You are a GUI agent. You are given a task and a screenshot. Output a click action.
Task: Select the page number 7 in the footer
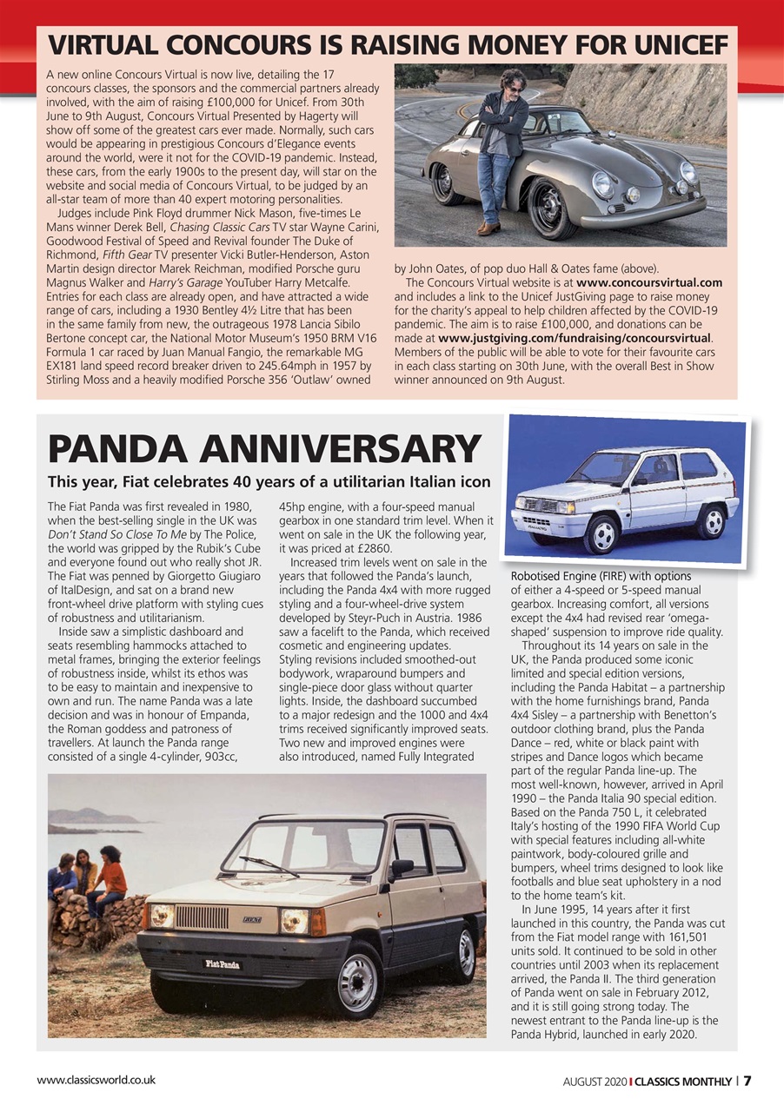click(747, 1081)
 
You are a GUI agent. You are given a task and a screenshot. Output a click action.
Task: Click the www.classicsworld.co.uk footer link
click(96, 1080)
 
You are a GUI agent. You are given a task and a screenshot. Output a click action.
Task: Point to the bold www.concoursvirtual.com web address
click(649, 282)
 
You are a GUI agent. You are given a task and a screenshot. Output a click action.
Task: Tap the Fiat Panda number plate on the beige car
click(223, 963)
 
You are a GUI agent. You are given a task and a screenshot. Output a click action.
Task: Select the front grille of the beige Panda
click(202, 917)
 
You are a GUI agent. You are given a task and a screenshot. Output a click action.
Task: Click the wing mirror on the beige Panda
click(400, 867)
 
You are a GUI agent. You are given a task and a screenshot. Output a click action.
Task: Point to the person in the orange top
click(110, 880)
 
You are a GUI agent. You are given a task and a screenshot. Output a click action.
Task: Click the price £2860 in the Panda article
click(374, 548)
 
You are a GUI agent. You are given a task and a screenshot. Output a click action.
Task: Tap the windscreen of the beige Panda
click(304, 847)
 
